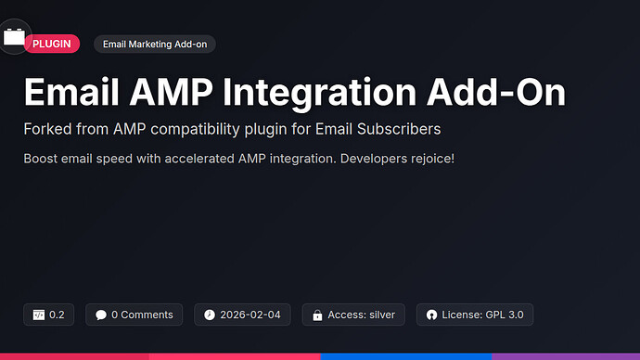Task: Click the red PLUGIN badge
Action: click(52, 44)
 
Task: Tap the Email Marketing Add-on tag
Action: click(154, 44)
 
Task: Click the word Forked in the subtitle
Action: click(48, 128)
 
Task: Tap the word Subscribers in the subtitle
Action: click(395, 128)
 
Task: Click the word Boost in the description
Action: click(43, 158)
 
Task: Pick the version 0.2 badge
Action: click(49, 315)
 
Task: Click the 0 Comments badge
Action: click(134, 315)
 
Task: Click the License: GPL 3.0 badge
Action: click(475, 315)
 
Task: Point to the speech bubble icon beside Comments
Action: click(101, 315)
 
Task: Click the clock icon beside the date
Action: click(210, 315)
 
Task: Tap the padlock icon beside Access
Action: click(318, 315)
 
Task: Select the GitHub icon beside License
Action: click(431, 315)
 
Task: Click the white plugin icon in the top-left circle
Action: click(13, 37)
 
